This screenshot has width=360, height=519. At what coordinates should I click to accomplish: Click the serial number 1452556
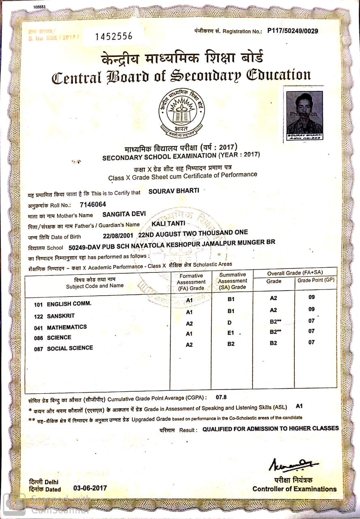[114, 36]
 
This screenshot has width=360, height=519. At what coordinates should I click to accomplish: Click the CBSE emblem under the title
[181, 112]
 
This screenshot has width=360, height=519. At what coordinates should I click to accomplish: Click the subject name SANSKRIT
[61, 316]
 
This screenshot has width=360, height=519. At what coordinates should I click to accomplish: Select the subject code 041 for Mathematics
[39, 327]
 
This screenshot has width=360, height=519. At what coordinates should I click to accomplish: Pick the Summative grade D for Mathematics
[229, 323]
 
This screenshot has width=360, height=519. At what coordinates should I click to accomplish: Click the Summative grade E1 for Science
[231, 333]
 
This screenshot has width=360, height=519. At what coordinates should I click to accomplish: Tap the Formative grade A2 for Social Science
[189, 345]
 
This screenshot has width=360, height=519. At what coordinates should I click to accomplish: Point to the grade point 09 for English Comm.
[311, 297]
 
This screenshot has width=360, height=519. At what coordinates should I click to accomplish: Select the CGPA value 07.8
[222, 397]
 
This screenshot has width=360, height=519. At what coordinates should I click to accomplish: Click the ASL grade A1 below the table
[300, 406]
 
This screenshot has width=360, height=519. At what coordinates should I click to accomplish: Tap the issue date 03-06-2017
[90, 488]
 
